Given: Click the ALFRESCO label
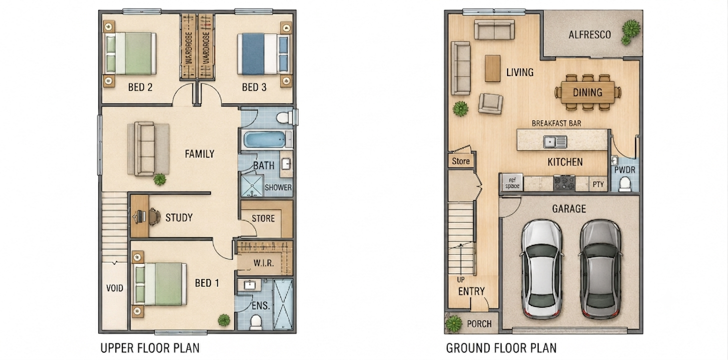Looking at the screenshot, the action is tap(590, 34).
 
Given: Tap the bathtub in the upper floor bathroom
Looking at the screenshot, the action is tap(265, 139).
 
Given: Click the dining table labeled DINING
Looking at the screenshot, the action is tap(588, 92).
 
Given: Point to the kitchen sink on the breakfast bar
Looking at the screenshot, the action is tap(556, 142).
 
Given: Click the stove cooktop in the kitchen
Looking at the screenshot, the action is tap(564, 183).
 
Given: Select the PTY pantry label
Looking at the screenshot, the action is tap(598, 184).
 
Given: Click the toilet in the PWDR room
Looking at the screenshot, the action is tap(625, 184).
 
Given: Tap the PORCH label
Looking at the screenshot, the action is tap(479, 324).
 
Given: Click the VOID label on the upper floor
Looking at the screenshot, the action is tap(115, 288).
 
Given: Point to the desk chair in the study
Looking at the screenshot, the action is tap(155, 216).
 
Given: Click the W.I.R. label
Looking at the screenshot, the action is tap(264, 263).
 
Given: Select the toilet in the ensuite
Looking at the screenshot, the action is tap(256, 322).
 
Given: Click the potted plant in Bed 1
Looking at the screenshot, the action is tap(224, 320).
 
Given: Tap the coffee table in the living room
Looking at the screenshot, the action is tap(492, 68).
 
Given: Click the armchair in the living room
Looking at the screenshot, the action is tap(491, 103).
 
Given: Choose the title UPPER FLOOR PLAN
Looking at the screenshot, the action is tap(150, 348).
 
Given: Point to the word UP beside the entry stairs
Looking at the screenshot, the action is tap(461, 279).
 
